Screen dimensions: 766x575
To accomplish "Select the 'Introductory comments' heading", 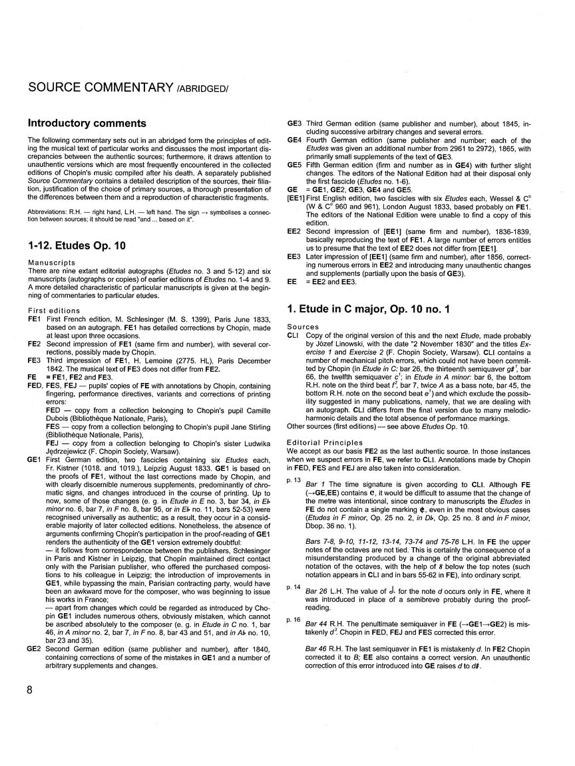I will coord(87,123).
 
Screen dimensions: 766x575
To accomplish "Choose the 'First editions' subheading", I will coord(53,311).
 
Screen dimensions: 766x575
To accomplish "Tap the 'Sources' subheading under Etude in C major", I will coord(300,328).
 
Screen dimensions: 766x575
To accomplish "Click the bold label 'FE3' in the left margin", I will coord(34,358).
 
